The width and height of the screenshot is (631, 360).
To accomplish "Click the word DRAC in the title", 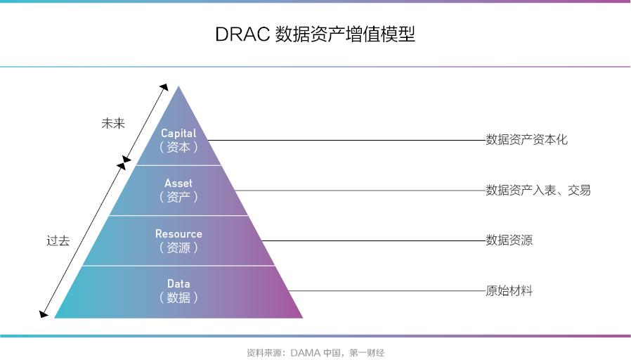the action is [242, 34].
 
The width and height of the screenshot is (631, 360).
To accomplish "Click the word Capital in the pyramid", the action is [178, 134].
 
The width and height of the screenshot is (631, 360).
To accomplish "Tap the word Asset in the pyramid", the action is [178, 184].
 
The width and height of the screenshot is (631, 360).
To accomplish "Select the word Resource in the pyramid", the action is [178, 233].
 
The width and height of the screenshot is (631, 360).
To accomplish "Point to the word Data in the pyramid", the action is [178, 283].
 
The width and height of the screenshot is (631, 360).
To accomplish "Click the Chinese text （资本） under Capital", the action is [178, 147].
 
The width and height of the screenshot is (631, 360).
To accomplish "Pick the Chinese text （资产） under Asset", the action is [178, 197].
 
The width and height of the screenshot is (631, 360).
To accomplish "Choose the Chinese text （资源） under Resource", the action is [178, 247].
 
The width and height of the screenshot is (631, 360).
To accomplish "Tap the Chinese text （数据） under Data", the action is [178, 297].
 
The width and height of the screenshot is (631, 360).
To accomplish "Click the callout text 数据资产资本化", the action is [526, 140].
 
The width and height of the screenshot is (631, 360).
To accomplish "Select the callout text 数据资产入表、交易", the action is [538, 190].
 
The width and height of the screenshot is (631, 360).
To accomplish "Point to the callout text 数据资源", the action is [509, 240].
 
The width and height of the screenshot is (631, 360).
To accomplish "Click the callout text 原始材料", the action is [509, 290].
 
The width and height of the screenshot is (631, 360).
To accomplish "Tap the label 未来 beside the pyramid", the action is [113, 123].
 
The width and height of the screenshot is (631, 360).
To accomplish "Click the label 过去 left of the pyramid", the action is [58, 240].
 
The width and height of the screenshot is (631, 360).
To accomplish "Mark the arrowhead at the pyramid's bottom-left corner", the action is [43, 314].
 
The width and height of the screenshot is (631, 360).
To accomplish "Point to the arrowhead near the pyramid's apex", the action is [164, 87].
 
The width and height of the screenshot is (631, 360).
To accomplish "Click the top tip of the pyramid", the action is [178, 86].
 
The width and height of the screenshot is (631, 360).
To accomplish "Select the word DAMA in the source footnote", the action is [306, 353].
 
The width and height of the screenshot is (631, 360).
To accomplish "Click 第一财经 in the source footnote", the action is [367, 353].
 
